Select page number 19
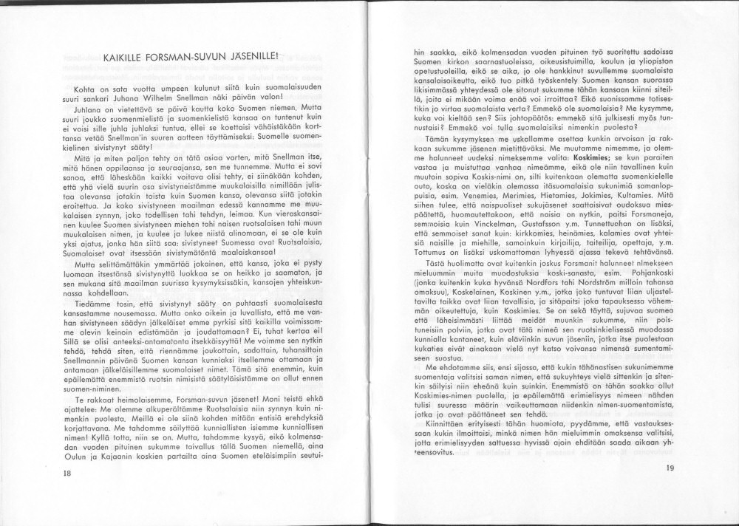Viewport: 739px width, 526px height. tap(670, 467)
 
